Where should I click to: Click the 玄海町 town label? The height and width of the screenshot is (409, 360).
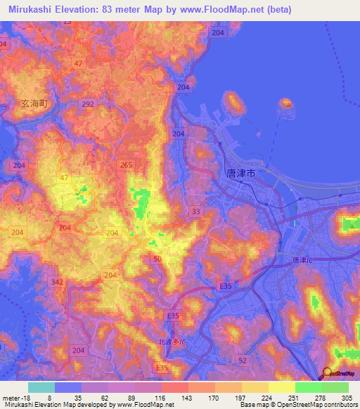pyautogui.click(x=34, y=103)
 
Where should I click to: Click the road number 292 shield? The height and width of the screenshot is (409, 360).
pyautogui.click(x=87, y=104)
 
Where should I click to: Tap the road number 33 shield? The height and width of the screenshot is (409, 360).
pyautogui.click(x=195, y=211)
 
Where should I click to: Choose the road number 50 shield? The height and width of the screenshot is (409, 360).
pyautogui.click(x=157, y=259)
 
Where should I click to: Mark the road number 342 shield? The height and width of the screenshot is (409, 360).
pyautogui.click(x=58, y=282)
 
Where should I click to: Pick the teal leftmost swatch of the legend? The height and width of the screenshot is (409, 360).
pyautogui.click(x=41, y=387)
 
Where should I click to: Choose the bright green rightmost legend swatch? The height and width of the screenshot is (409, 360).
pyautogui.click(x=335, y=387)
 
